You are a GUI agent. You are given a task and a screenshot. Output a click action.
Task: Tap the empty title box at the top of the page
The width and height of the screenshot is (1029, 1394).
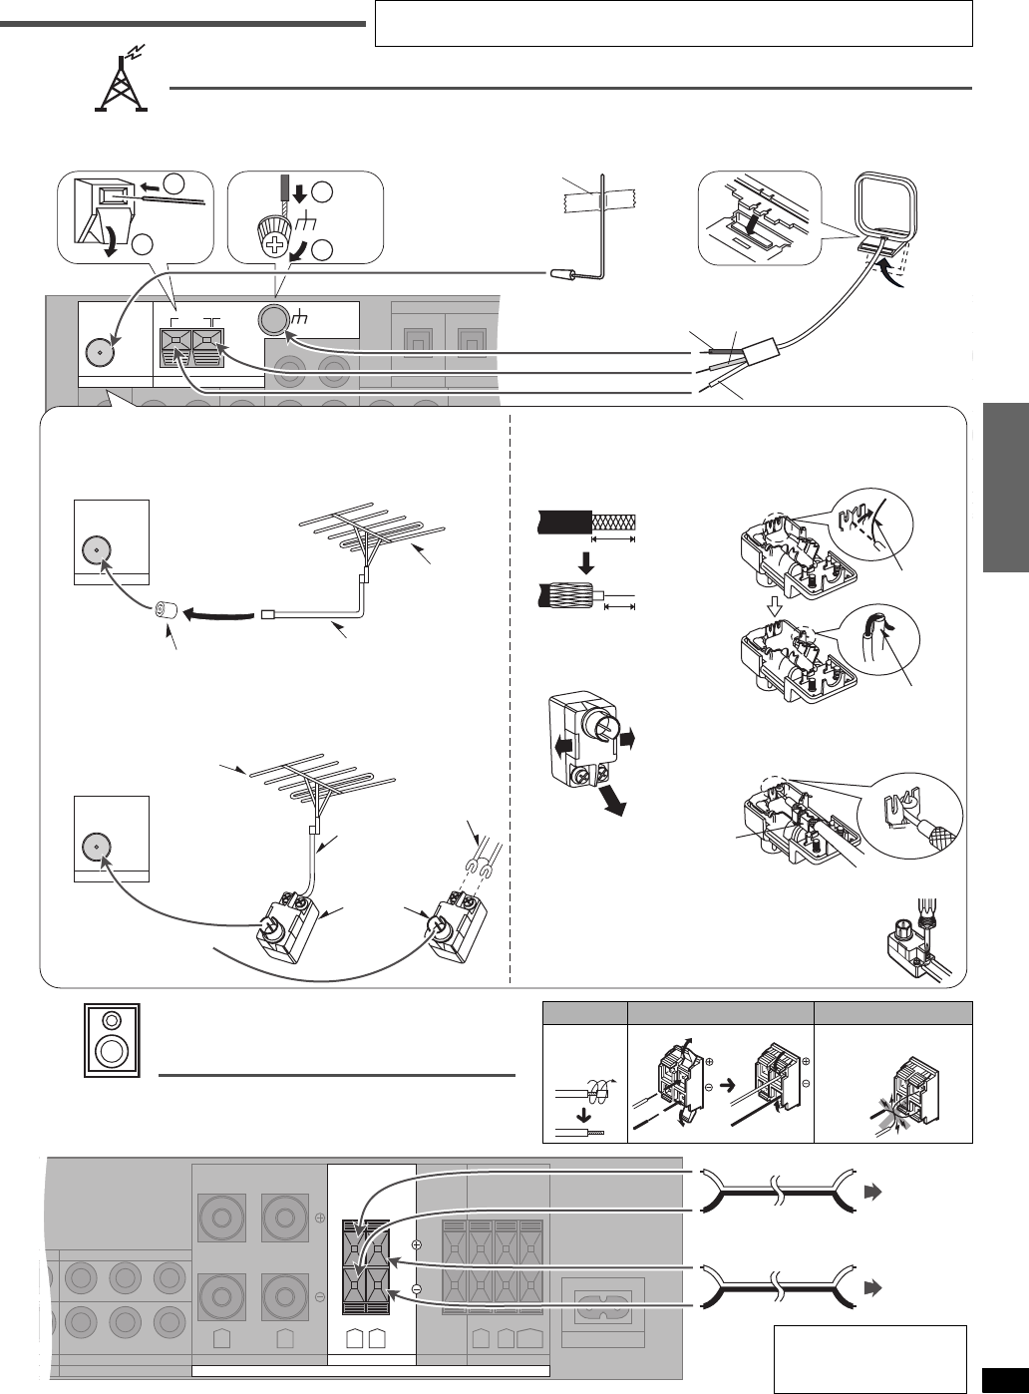673,23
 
